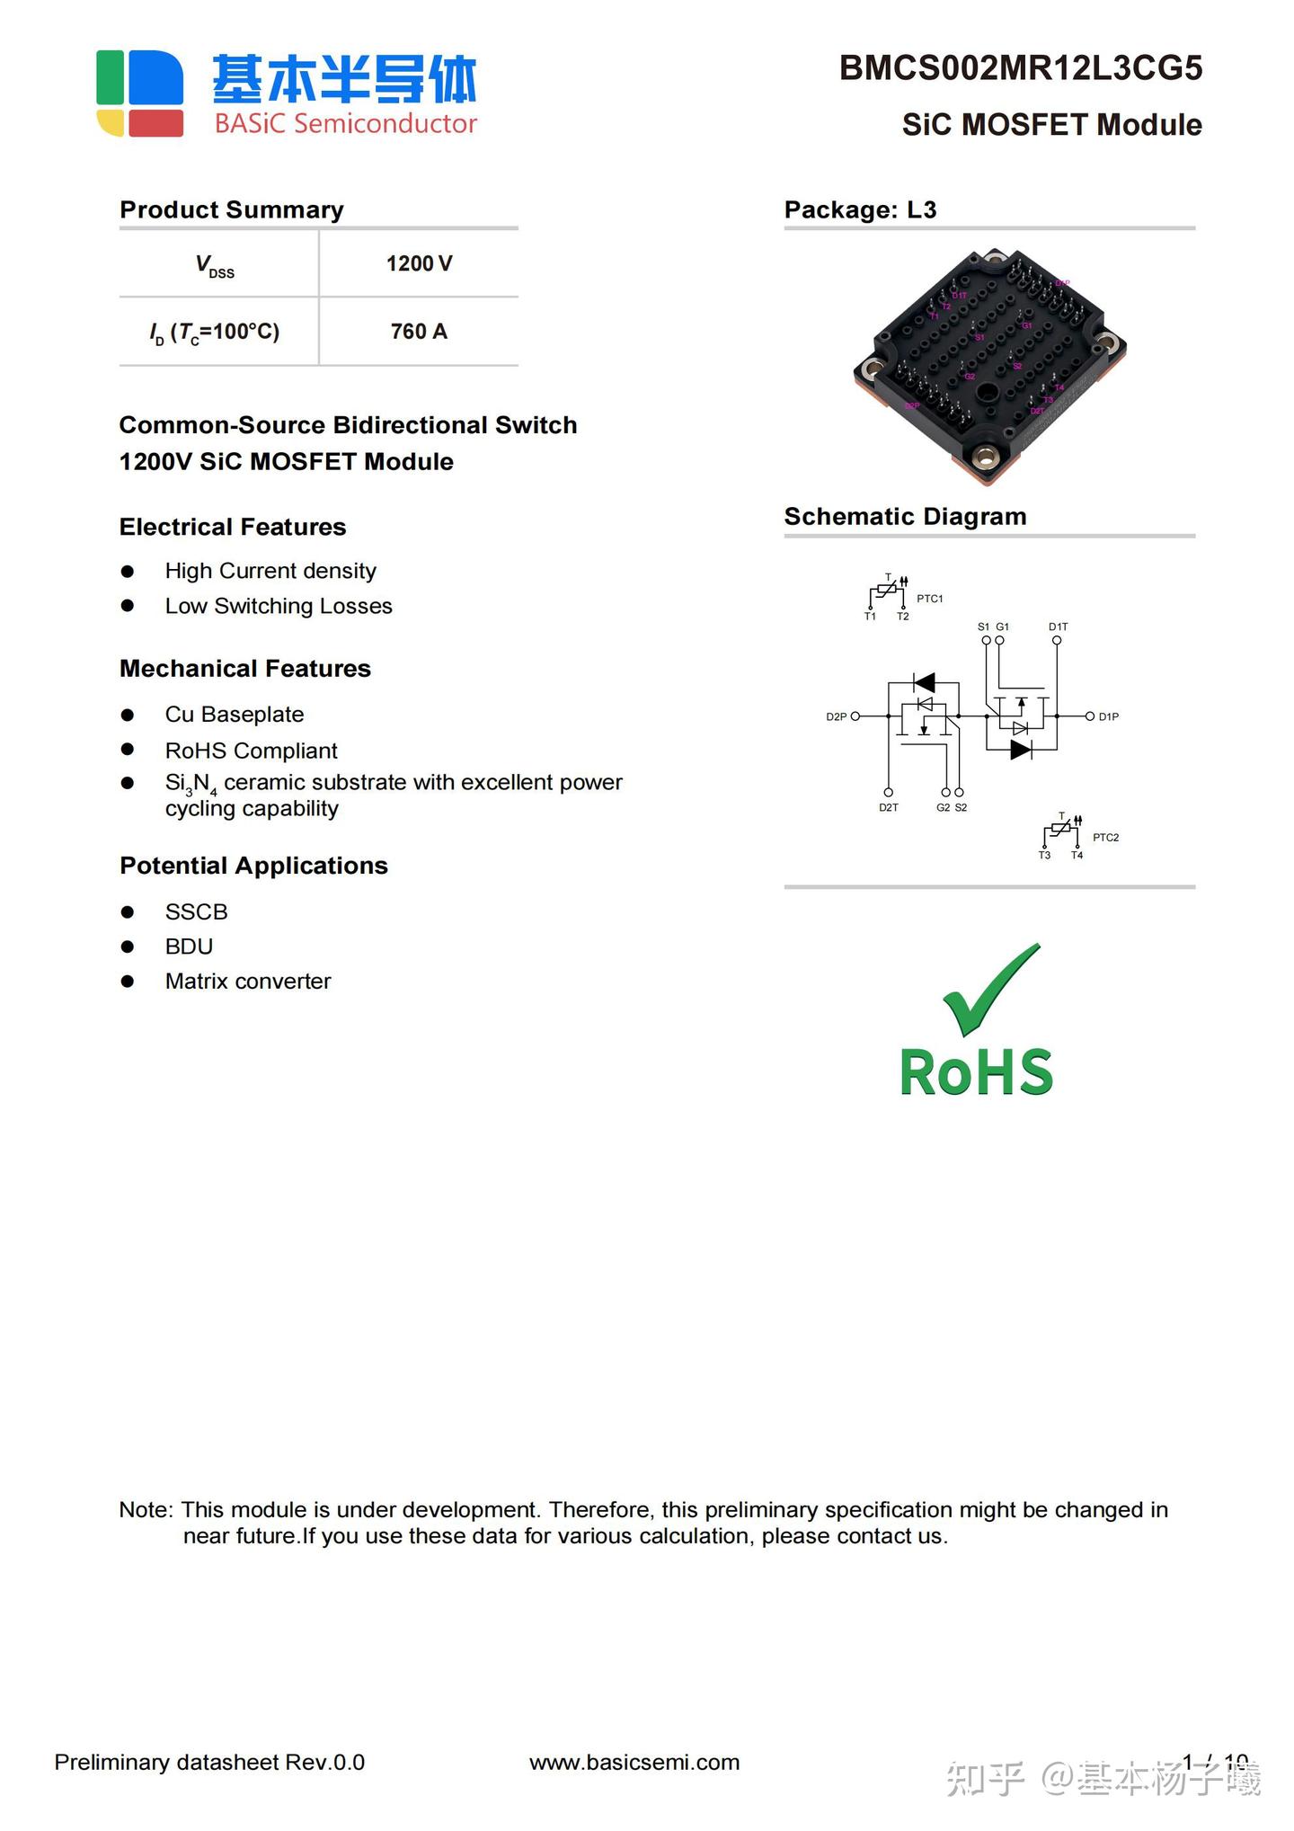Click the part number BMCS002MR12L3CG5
1020,69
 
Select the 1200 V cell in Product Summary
419,263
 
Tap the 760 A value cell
419,332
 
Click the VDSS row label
216,265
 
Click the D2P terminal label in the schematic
836,717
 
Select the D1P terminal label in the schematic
1108,717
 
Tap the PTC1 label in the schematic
929,599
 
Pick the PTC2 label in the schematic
1105,838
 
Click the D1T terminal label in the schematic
1058,627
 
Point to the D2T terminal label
888,808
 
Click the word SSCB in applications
196,911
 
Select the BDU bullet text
189,947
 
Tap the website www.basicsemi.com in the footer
634,1763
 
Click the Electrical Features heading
233,527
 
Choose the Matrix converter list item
248,982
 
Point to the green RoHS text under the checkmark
976,1072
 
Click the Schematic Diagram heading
905,517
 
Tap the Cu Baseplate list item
235,715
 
